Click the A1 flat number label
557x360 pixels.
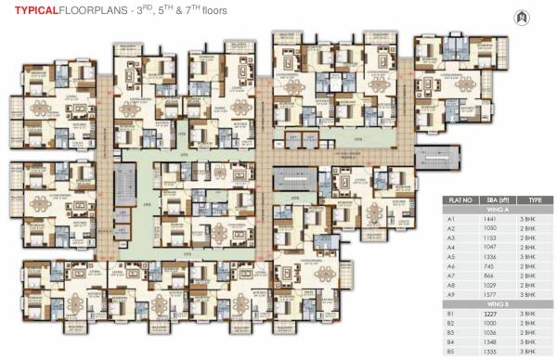(450, 219)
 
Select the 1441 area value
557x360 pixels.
(493, 219)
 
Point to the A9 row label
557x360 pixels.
(450, 293)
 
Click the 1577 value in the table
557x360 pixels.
(493, 293)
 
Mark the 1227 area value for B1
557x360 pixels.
(493, 315)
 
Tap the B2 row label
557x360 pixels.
(450, 324)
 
